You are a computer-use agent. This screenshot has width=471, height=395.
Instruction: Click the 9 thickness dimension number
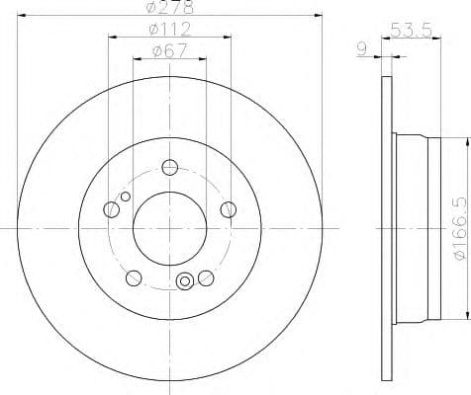[364, 47]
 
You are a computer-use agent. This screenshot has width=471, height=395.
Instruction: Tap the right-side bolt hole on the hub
[229, 208]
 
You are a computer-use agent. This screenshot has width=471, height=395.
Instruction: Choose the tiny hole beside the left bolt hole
[125, 197]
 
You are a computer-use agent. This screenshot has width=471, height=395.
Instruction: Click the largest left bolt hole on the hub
[111, 208]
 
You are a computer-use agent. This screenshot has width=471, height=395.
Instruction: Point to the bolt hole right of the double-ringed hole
[205, 276]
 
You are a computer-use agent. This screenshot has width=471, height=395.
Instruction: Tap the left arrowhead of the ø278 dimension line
[24, 15]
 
